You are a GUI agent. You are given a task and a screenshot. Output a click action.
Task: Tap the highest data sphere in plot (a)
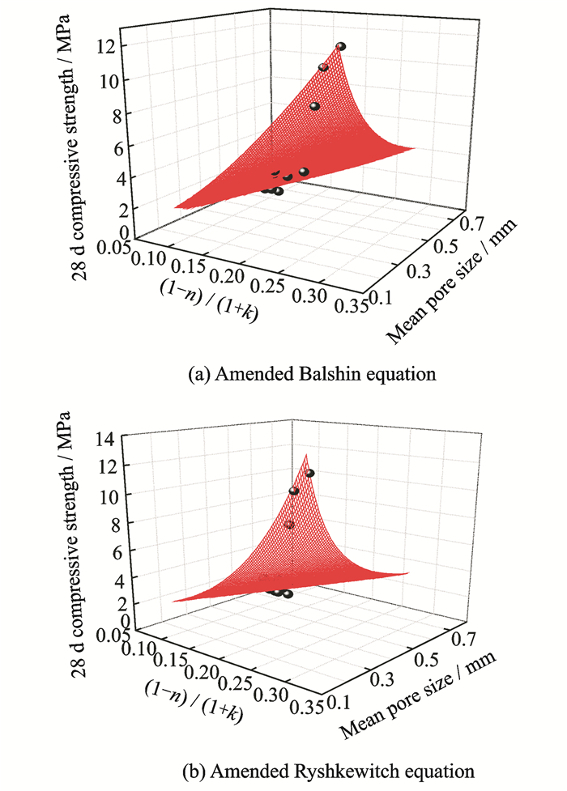pos(341,47)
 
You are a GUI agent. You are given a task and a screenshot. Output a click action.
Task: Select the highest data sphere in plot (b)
pos(309,473)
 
